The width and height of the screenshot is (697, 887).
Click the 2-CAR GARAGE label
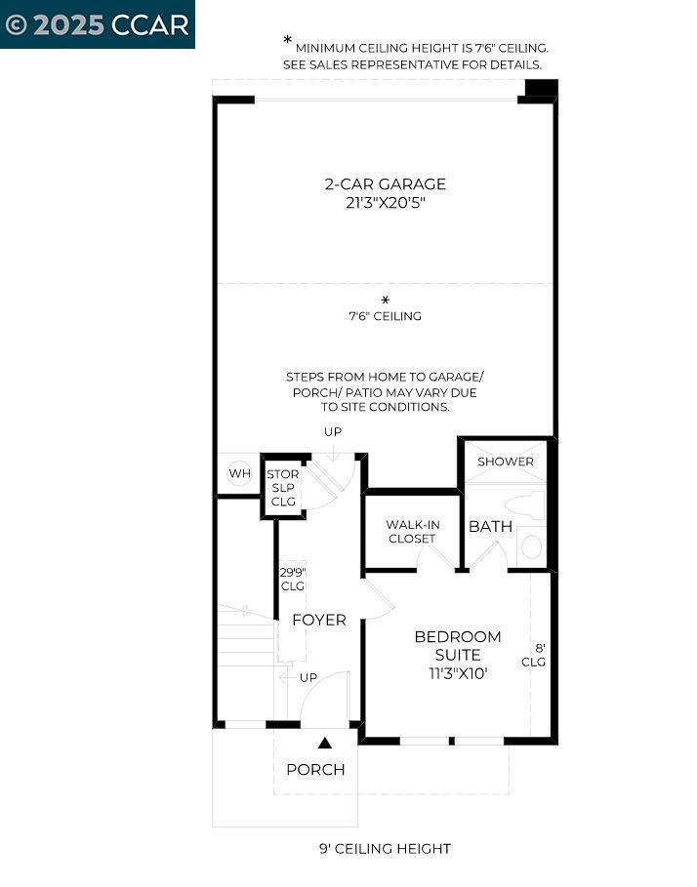pyautogui.click(x=386, y=183)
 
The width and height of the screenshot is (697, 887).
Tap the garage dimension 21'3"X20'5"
pyautogui.click(x=386, y=203)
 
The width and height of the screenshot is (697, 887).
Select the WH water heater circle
pyautogui.click(x=239, y=473)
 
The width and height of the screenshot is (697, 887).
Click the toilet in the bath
pyautogui.click(x=524, y=504)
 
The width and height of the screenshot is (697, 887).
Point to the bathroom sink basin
pyautogui.click(x=531, y=547)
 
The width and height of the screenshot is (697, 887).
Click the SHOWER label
pyautogui.click(x=506, y=461)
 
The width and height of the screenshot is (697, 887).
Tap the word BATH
pyautogui.click(x=490, y=526)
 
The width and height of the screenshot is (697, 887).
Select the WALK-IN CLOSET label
pyautogui.click(x=412, y=532)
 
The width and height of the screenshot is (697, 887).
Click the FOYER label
pyautogui.click(x=319, y=620)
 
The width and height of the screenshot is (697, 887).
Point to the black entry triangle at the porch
pyautogui.click(x=325, y=743)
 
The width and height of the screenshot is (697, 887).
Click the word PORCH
pyautogui.click(x=315, y=769)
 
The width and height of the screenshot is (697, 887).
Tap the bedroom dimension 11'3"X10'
pyautogui.click(x=458, y=673)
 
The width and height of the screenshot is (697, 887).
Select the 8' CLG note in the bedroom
pyautogui.click(x=534, y=655)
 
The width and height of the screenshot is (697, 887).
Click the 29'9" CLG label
pyautogui.click(x=293, y=579)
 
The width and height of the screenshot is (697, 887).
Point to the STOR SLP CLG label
pyautogui.click(x=283, y=488)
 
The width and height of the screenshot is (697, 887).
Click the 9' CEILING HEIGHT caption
pyautogui.click(x=386, y=849)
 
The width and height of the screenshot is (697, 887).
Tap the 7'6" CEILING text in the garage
pyautogui.click(x=386, y=315)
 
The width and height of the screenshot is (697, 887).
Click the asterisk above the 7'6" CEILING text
pyautogui.click(x=386, y=300)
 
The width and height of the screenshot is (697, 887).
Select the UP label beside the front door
pyautogui.click(x=308, y=677)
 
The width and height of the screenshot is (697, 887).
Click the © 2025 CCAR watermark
pyautogui.click(x=97, y=25)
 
